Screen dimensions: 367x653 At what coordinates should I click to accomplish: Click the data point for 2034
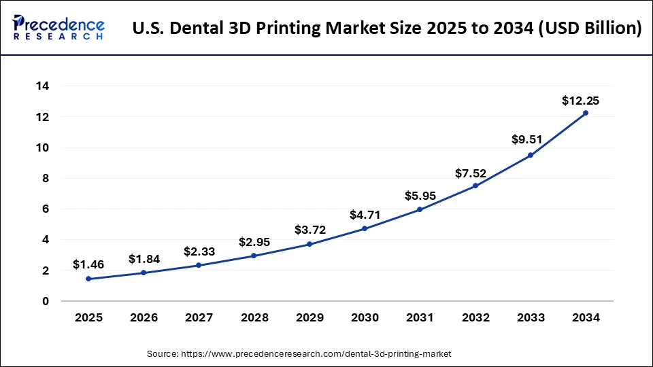[585, 113]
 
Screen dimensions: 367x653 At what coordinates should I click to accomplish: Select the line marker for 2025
[88, 279]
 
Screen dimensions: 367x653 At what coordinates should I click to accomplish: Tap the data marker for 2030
[365, 228]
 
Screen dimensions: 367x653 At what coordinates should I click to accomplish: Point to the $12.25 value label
[580, 101]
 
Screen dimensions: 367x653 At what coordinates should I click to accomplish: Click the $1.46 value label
[88, 265]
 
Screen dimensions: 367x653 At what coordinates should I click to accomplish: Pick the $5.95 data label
[420, 196]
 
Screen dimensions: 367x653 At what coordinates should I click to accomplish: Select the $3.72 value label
[310, 230]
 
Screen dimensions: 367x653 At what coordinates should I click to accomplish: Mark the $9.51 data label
[527, 139]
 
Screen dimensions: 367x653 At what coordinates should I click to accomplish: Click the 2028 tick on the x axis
[254, 317]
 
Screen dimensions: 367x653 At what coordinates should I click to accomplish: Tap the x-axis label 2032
[475, 317]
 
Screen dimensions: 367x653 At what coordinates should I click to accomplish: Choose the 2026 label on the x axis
[144, 317]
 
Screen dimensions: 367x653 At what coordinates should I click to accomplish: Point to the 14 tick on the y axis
[42, 86]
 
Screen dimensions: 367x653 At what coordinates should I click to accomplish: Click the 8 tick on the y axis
[45, 179]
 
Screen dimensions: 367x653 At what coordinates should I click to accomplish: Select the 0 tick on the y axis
[45, 301]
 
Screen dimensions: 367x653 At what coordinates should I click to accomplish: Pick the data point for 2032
[475, 186]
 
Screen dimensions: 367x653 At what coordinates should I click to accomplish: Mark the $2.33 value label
[199, 251]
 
